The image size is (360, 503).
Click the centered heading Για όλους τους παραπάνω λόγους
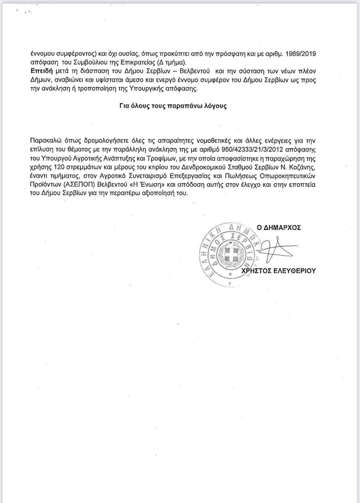(x=173, y=107)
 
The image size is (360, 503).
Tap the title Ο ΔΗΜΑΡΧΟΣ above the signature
(x=279, y=228)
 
